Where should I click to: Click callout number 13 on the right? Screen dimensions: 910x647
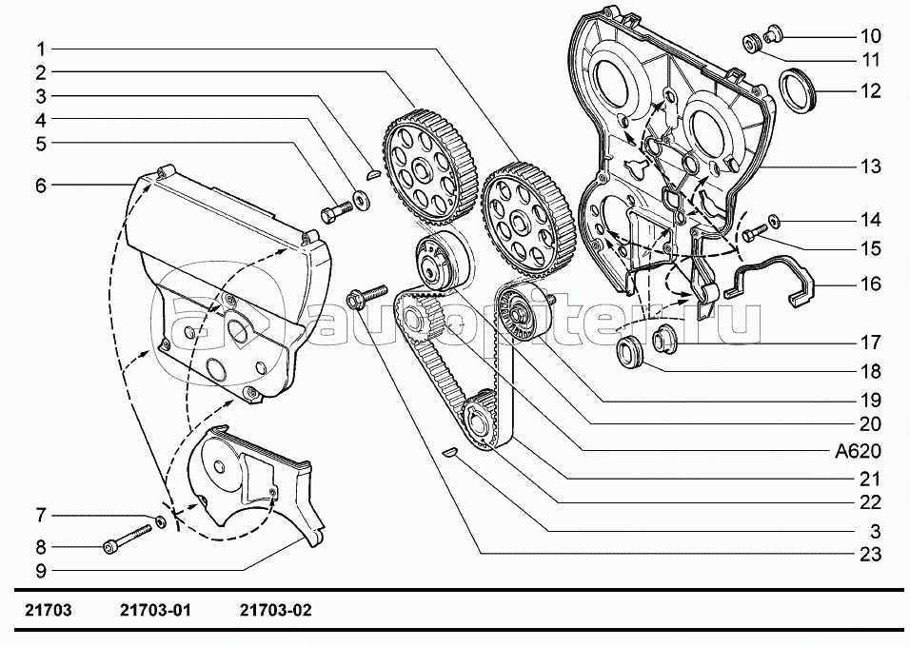[869, 167]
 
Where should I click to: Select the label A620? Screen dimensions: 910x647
[858, 451]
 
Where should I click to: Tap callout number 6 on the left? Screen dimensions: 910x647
[41, 186]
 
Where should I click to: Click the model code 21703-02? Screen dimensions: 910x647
[276, 611]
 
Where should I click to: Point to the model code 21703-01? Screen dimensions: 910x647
[156, 611]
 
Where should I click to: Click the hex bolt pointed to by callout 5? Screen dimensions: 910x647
[336, 210]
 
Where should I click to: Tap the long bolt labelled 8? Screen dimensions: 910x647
[127, 539]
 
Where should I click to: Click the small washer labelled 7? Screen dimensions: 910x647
[162, 521]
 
